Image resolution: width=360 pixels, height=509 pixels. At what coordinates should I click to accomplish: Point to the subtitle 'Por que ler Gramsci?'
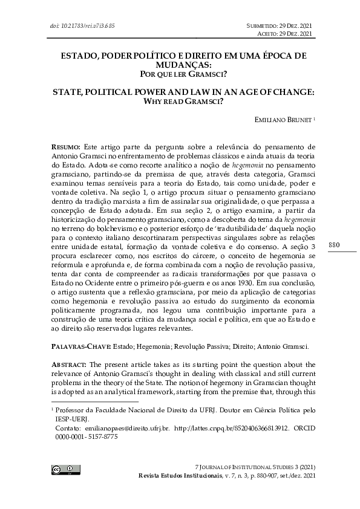click(x=180, y=74)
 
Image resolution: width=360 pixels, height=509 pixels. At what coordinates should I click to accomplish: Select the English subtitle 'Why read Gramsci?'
click(x=180, y=102)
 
